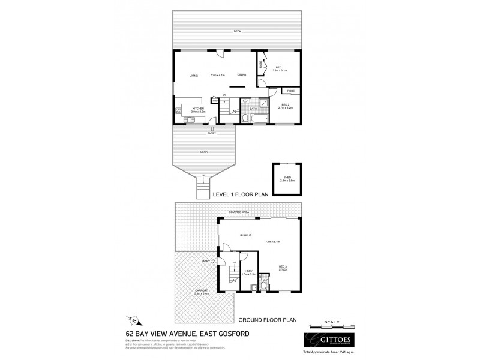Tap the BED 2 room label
tap(284, 106)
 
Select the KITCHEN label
tap(198, 109)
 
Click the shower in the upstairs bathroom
tap(245, 101)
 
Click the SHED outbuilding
tap(286, 178)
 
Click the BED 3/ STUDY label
tap(284, 268)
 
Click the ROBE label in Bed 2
tap(290, 91)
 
